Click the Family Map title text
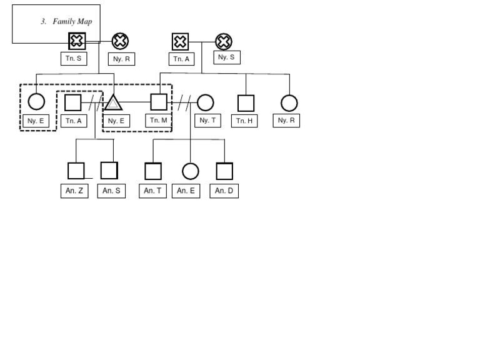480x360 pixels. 67,21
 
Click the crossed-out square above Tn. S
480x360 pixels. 77,41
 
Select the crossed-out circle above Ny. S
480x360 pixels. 224,42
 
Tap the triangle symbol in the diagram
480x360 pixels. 113,102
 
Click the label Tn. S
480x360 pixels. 74,59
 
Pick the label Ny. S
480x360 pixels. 226,57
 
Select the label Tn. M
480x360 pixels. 159,120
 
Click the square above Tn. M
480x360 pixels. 159,102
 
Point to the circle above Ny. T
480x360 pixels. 205,102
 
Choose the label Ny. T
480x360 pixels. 207,121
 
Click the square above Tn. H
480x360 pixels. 246,103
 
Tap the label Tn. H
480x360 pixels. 244,121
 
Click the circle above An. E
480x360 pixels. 190,171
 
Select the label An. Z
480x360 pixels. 74,191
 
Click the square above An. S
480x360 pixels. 109,171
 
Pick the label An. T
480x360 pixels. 152,191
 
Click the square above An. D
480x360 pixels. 224,171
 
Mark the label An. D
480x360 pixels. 224,191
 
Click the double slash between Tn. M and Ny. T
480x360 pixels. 183,102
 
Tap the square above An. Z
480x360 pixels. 76,171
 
